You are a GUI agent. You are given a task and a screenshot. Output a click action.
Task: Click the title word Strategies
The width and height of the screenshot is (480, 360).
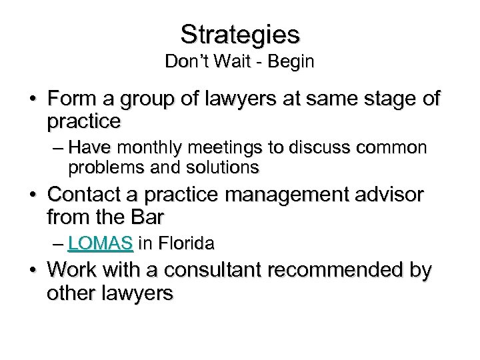(x=240, y=33)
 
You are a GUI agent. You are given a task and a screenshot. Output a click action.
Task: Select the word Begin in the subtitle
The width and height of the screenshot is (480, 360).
(x=288, y=63)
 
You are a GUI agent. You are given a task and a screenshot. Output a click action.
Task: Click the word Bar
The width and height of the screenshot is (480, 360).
(x=149, y=217)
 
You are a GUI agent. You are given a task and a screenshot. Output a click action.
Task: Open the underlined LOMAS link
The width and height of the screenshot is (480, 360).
(x=101, y=245)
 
